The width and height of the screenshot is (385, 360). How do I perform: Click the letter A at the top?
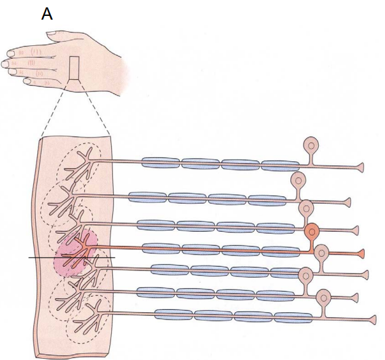pos(47,13)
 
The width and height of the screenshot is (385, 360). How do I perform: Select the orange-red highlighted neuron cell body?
pos(312,232)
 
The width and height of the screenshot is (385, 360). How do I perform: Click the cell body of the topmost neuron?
pos(313,146)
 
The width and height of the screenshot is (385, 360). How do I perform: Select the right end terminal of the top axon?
pos(360,167)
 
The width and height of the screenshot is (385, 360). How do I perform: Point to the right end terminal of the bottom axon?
pos(372,320)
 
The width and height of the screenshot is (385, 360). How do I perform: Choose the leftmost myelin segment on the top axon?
pos(160,163)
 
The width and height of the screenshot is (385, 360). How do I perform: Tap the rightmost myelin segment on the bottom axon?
pos(292,317)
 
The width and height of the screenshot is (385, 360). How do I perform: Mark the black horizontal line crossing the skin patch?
pos(43,258)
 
